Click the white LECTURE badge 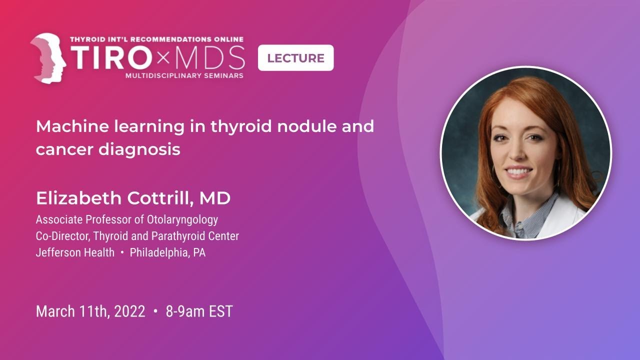point(295,58)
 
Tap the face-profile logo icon point(48,58)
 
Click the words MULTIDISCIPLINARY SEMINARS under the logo point(184,75)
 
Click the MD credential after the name point(215,198)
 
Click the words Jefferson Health point(75,252)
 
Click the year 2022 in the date point(129,311)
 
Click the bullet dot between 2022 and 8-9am point(155,311)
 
